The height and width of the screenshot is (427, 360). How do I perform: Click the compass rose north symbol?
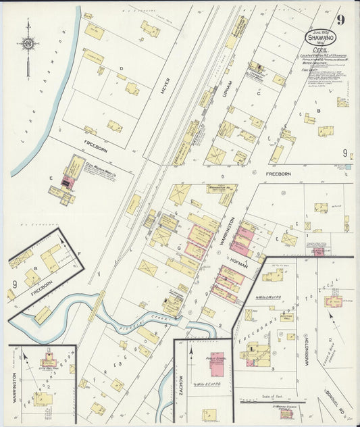(28, 45)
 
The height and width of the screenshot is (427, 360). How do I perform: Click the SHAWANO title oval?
(318, 38)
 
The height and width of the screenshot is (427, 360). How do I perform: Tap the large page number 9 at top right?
(342, 20)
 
